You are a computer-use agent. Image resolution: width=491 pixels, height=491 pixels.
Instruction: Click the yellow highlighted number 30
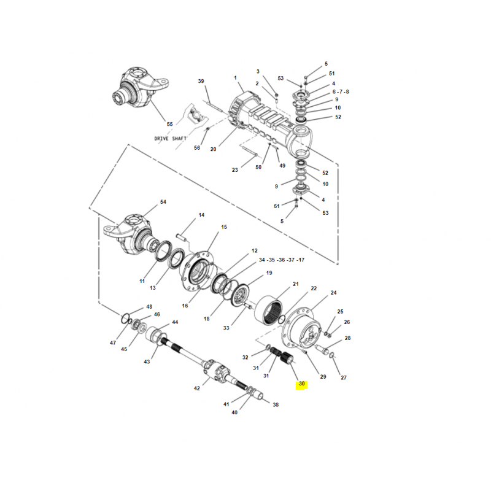click(301, 384)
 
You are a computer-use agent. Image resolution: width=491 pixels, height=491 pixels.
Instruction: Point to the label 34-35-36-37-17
click(281, 260)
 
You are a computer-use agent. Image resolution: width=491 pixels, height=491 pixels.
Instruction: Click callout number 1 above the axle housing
click(235, 77)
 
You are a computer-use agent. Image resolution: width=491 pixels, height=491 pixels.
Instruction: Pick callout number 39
click(201, 82)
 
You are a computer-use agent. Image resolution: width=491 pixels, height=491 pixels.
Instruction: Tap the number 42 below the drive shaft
click(197, 389)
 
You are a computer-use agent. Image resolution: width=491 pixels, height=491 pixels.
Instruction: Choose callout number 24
click(334, 293)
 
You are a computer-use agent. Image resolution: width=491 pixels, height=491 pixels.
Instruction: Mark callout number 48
click(149, 307)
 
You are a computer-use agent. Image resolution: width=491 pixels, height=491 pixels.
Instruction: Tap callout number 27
click(344, 377)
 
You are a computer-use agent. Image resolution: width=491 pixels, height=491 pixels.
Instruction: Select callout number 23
click(235, 170)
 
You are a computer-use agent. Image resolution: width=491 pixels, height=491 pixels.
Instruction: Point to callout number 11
click(142, 281)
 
